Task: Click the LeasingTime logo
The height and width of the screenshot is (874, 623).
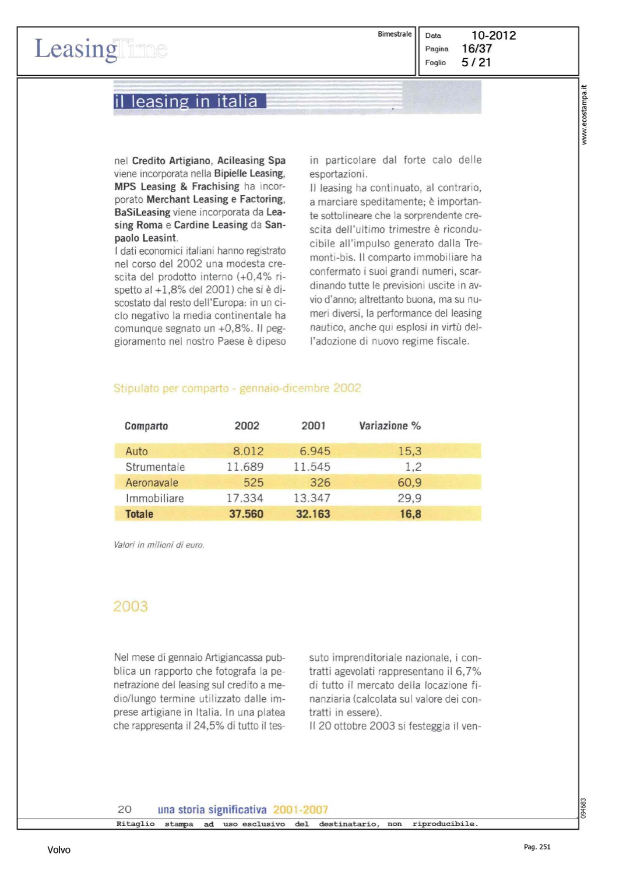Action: [100, 49]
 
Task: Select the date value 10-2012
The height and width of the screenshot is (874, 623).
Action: [493, 36]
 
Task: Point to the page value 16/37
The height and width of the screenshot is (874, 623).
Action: [476, 49]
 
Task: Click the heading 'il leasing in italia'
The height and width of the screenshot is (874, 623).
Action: [186, 101]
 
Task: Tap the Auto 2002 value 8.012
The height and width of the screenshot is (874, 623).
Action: [248, 451]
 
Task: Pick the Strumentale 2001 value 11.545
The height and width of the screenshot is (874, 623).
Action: [312, 467]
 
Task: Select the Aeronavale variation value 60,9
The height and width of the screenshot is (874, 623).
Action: [409, 482]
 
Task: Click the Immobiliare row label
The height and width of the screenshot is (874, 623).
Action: [154, 498]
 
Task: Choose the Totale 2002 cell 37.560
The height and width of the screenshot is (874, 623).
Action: [246, 514]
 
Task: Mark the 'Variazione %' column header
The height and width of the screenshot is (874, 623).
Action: [389, 426]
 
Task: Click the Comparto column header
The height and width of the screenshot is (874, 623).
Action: [146, 426]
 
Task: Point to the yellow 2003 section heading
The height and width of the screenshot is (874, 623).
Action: [131, 607]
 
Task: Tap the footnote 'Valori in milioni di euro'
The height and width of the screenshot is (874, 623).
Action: [159, 545]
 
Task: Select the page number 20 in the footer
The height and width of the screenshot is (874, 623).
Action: [125, 809]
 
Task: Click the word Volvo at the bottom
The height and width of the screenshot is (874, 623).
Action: [59, 850]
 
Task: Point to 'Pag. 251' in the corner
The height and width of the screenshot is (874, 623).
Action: [537, 847]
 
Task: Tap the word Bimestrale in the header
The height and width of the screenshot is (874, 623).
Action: [395, 34]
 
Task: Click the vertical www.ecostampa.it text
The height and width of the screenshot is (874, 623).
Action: [584, 115]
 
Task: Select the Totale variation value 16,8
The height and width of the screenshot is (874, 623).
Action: [410, 514]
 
